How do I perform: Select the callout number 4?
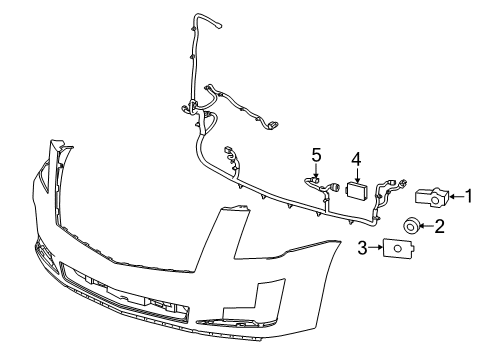pos(355,158)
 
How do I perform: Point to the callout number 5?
pos(316,154)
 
